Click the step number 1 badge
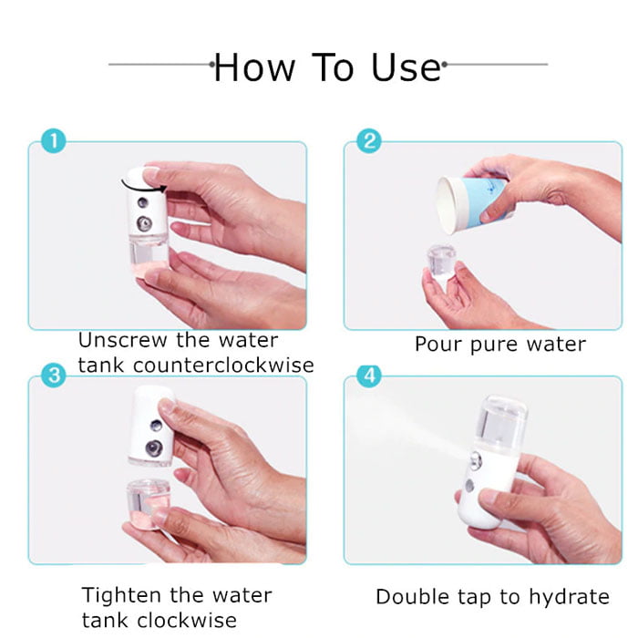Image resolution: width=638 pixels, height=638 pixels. (x=55, y=141)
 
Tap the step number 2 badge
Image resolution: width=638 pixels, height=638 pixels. (x=370, y=141)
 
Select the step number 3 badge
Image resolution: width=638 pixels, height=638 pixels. (x=55, y=375)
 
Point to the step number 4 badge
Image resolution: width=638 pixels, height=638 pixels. (x=370, y=375)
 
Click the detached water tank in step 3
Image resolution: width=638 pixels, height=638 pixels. (x=149, y=502)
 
